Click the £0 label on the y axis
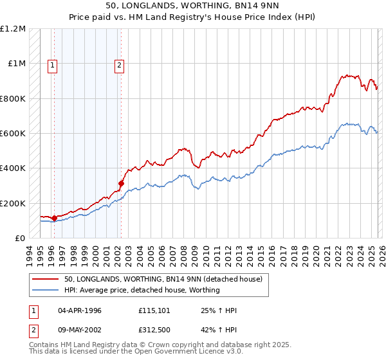click(x=19, y=238)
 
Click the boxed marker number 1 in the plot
click(x=51, y=64)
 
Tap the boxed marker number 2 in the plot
click(x=120, y=64)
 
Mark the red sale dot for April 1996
click(x=54, y=218)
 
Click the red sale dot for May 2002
click(x=121, y=184)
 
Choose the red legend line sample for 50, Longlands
click(x=47, y=280)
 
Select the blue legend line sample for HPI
click(x=47, y=291)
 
